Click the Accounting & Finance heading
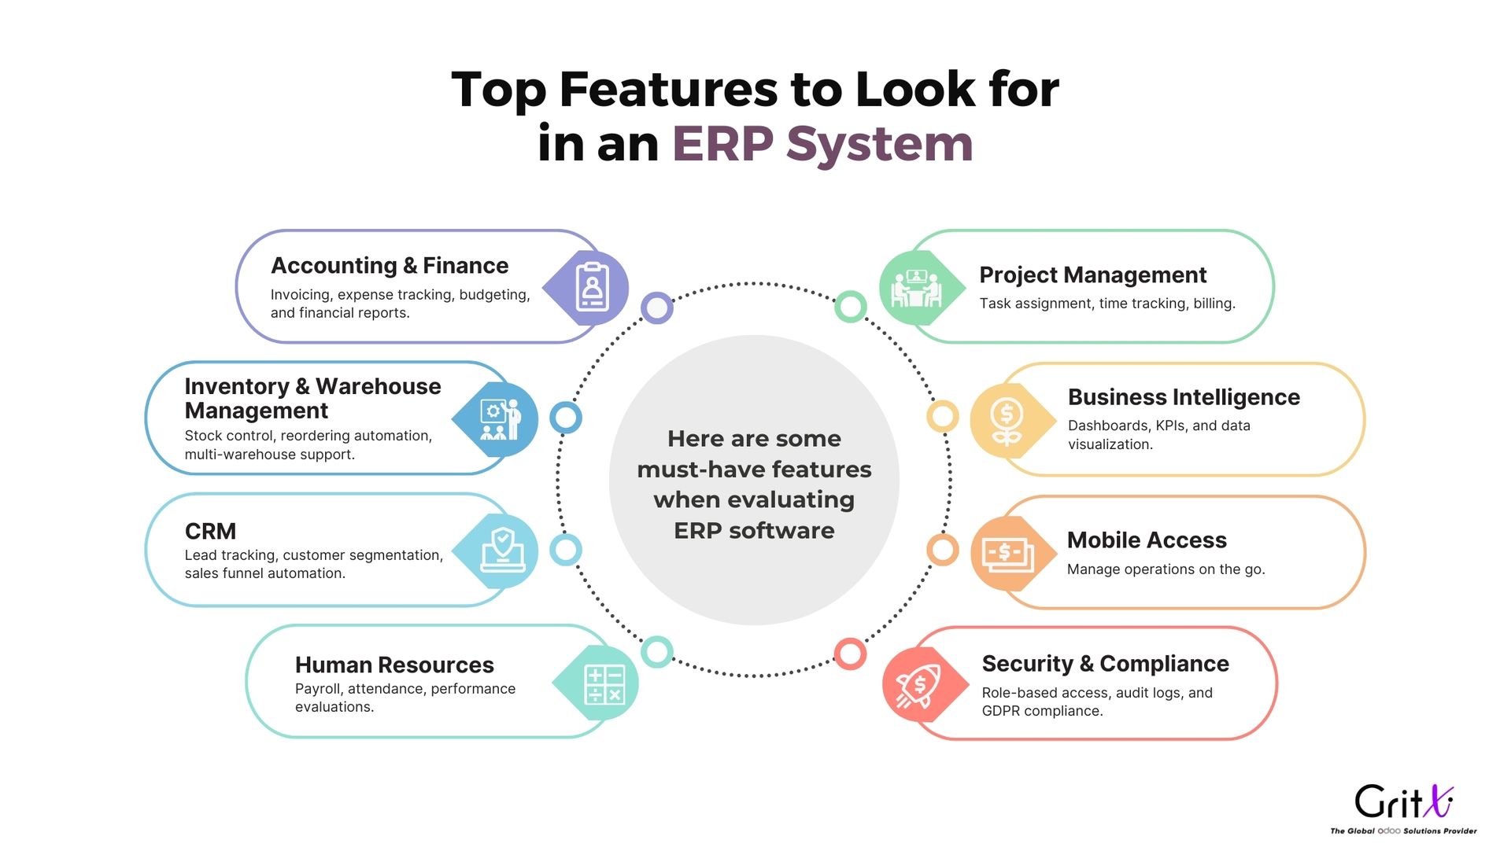pyautogui.click(x=390, y=266)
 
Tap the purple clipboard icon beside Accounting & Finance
pyautogui.click(x=592, y=288)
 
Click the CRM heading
pyautogui.click(x=210, y=531)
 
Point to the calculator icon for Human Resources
pyautogui.click(x=604, y=684)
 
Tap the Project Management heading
pyautogui.click(x=1092, y=275)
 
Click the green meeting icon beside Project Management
pyautogui.click(x=915, y=288)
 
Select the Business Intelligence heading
pyautogui.click(x=1184, y=397)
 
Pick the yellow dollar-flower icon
pyautogui.click(x=1007, y=422)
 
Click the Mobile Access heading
pyautogui.click(x=1147, y=540)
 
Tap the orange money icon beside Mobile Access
pyautogui.click(x=1008, y=554)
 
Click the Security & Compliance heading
pyautogui.click(x=1105, y=664)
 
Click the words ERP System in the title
pyautogui.click(x=822, y=144)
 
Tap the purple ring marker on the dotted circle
pyautogui.click(x=657, y=308)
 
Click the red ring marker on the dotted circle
pyautogui.click(x=850, y=654)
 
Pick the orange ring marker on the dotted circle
pyautogui.click(x=942, y=550)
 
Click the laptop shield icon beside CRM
pyautogui.click(x=502, y=549)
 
